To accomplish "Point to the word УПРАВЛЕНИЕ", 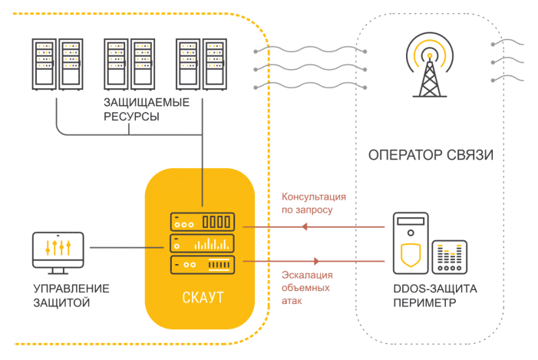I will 71,289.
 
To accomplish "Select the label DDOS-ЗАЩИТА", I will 434,289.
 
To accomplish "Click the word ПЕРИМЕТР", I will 424,303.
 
